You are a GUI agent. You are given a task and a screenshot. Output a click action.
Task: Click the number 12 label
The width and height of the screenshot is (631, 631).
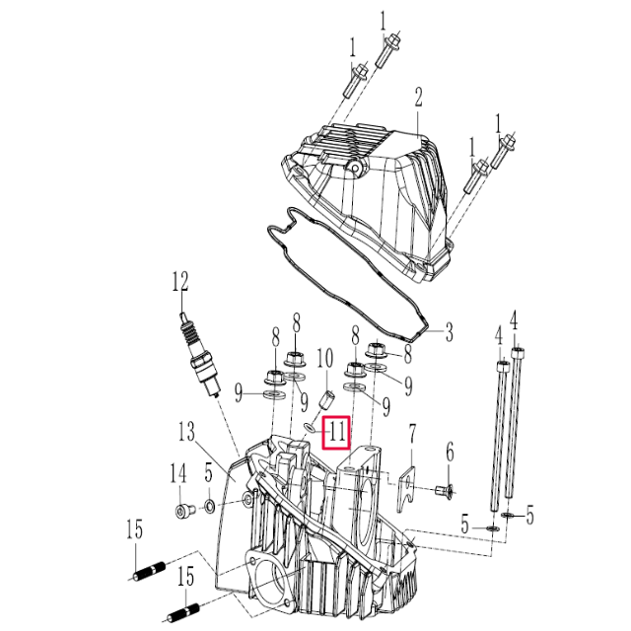click(x=179, y=284)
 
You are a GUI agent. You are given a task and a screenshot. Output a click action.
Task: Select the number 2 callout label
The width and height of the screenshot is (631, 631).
click(x=418, y=97)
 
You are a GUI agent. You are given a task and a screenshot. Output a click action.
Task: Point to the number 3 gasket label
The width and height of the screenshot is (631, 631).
click(x=448, y=332)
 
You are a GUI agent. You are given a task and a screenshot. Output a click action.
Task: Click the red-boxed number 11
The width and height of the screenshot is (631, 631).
click(x=337, y=431)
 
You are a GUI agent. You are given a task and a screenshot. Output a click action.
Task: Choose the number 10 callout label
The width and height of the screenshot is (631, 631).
click(x=325, y=356)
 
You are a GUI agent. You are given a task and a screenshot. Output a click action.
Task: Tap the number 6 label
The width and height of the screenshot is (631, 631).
click(x=450, y=454)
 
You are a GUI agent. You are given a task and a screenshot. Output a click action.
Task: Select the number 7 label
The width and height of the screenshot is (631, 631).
click(x=413, y=433)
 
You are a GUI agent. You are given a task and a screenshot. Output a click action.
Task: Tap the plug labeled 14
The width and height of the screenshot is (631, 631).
click(x=182, y=510)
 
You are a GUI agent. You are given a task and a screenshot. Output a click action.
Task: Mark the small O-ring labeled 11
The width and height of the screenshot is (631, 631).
click(x=309, y=427)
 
